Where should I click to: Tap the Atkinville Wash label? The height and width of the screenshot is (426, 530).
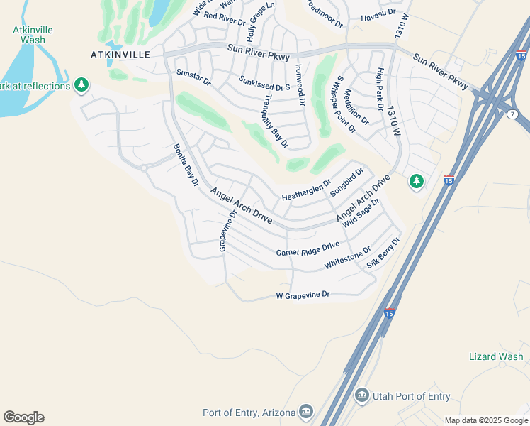[28, 35]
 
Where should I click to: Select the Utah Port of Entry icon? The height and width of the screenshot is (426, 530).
[362, 394]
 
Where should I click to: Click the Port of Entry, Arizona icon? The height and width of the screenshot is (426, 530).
[306, 411]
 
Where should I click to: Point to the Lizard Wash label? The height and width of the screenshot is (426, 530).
[496, 356]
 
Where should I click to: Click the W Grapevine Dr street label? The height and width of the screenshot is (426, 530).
[303, 295]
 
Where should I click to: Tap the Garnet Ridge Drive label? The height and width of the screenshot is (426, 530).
[308, 250]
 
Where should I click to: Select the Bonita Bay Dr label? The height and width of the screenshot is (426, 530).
[186, 165]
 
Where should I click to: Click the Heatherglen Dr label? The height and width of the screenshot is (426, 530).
[306, 189]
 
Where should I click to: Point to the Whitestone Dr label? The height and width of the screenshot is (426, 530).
[348, 258]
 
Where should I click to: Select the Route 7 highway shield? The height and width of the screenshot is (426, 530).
[512, 114]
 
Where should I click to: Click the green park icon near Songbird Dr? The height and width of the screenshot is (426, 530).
[417, 182]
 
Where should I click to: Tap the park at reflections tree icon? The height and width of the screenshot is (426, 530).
[82, 86]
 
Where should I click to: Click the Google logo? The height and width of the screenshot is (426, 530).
[23, 417]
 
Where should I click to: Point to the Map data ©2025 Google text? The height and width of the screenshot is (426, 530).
[485, 420]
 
